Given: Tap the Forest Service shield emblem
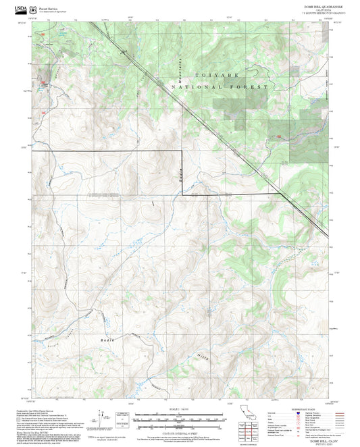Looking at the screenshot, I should tap(32, 8).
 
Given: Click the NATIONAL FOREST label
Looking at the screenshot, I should tap(220, 87).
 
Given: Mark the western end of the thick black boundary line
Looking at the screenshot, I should tap(33, 151).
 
